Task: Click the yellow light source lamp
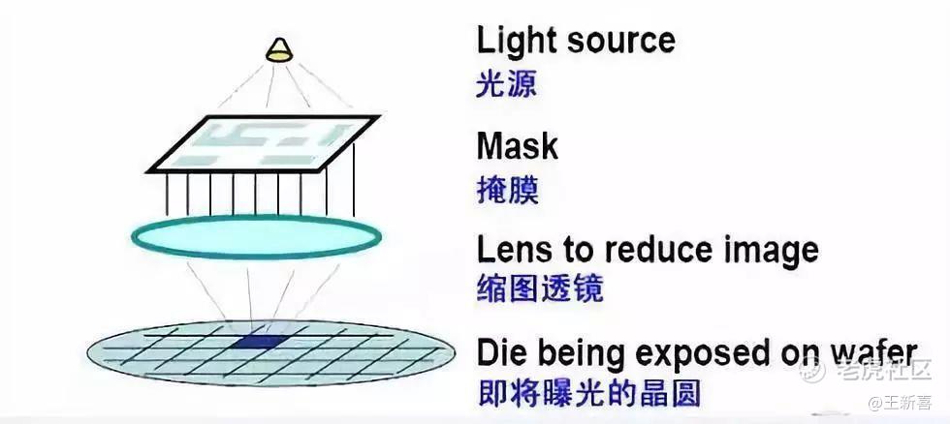pyautogui.click(x=279, y=50)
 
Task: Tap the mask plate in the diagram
pyautogui.click(x=263, y=144)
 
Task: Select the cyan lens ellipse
pyautogui.click(x=257, y=237)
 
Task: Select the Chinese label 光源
pyautogui.click(x=506, y=84)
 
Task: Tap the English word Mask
pyautogui.click(x=518, y=146)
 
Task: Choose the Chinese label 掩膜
pyautogui.click(x=507, y=191)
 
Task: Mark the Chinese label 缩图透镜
pyautogui.click(x=540, y=288)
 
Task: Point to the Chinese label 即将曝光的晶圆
pyautogui.click(x=588, y=394)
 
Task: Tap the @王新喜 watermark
pyautogui.click(x=900, y=403)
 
